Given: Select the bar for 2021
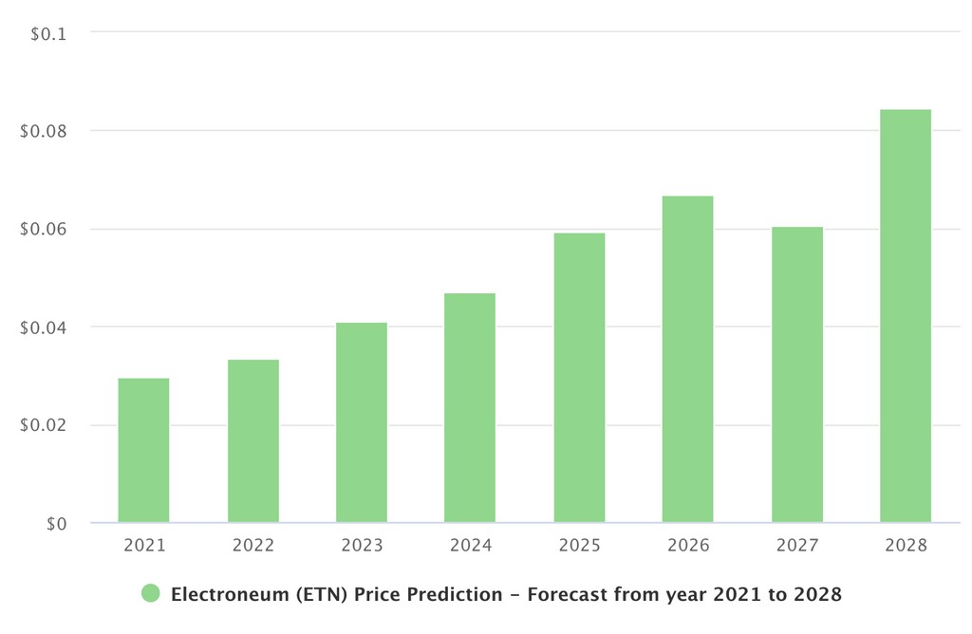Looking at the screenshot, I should tap(143, 451).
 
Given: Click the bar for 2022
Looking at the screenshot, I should tap(253, 441).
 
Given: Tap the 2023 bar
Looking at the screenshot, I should tap(362, 423).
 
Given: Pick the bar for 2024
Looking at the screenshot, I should tap(470, 408).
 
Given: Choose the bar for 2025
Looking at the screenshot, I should tap(579, 378).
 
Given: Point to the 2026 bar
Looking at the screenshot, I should tap(687, 360).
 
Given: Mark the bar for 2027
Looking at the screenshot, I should tap(796, 375).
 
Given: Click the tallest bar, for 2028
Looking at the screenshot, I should tap(906, 316).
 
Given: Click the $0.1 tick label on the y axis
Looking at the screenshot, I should tap(47, 34).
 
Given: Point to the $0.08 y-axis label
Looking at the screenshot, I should tap(43, 131).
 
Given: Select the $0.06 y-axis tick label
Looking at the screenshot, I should tap(43, 229).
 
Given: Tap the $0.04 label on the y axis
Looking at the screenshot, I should tap(43, 327).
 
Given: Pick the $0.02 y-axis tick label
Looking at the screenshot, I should tap(43, 425).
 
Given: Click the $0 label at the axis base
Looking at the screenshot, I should tap(56, 524).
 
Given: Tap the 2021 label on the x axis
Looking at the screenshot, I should tap(144, 546).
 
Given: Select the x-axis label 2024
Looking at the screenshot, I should tap(471, 546).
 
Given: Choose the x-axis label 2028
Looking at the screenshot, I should tap(906, 546).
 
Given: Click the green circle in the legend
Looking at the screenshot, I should tap(151, 594).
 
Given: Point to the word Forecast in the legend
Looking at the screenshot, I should tap(567, 595).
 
